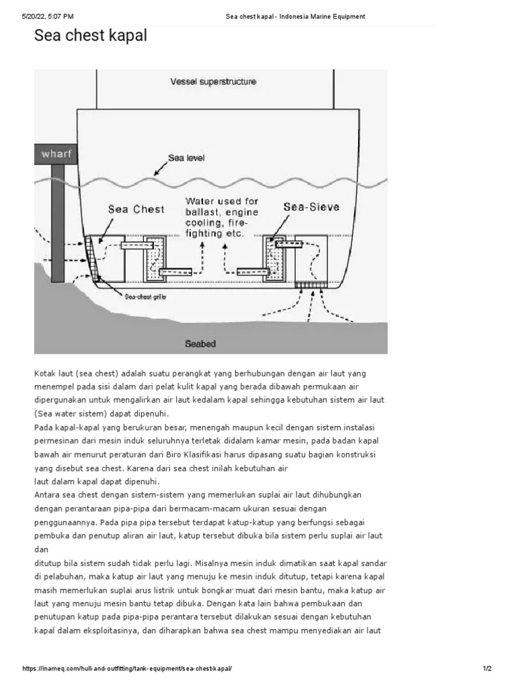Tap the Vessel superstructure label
(213, 82)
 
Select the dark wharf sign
(56, 154)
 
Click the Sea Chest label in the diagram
(136, 209)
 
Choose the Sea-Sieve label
(311, 207)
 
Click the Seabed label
(200, 344)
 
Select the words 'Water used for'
(222, 201)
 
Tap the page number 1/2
(487, 669)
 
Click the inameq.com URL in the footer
(127, 669)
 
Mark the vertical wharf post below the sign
(58, 221)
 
